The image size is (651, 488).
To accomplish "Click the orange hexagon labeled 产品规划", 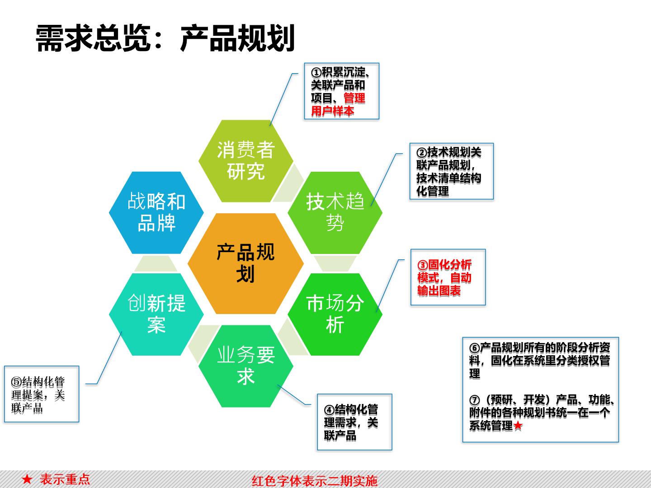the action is pyautogui.click(x=245, y=263).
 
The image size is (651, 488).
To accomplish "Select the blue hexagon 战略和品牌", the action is pyautogui.click(x=156, y=212).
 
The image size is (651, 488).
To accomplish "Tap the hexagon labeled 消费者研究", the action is pyautogui.click(x=246, y=161).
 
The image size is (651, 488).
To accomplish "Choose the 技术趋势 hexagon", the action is pyautogui.click(x=335, y=212).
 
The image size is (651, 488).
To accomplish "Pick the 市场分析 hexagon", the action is pyautogui.click(x=335, y=314).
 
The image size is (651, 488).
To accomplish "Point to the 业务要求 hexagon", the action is pyautogui.click(x=246, y=366).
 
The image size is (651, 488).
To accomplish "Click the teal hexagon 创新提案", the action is pyautogui.click(x=156, y=314).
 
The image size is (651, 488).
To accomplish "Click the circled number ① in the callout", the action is pyautogui.click(x=316, y=72).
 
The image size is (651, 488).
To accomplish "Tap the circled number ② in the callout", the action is pyautogui.click(x=421, y=153).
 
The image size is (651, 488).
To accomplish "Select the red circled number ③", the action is pyautogui.click(x=422, y=265).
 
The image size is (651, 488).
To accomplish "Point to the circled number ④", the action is pyautogui.click(x=329, y=410).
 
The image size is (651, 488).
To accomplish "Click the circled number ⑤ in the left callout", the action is pyautogui.click(x=16, y=382).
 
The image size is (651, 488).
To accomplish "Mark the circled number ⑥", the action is pyautogui.click(x=475, y=348).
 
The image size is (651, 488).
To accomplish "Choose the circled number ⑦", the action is pyautogui.click(x=475, y=400).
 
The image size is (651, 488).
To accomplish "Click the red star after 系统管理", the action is pyautogui.click(x=518, y=426).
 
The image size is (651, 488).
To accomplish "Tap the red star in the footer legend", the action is pyautogui.click(x=27, y=479).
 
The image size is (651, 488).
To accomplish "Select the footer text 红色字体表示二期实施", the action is pyautogui.click(x=314, y=481).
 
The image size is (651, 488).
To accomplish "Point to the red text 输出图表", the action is pyautogui.click(x=439, y=291).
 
